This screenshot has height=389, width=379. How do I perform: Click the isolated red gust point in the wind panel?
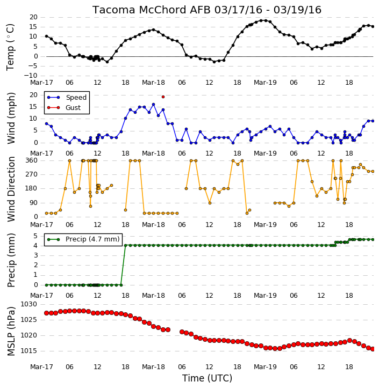click(163, 97)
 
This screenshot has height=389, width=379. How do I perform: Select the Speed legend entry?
click(67, 97)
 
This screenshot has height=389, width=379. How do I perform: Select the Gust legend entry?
click(64, 107)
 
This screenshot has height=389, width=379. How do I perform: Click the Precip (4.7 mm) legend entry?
click(83, 239)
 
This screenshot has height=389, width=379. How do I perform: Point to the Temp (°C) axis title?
click(10, 47)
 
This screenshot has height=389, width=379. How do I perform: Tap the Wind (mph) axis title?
click(11, 118)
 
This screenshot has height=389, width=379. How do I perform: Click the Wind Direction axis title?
click(11, 189)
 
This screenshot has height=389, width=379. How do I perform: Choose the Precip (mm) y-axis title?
click(11, 260)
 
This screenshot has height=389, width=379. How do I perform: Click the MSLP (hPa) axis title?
click(11, 331)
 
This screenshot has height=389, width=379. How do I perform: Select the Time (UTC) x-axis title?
click(207, 378)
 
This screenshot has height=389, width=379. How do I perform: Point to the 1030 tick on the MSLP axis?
click(28, 304)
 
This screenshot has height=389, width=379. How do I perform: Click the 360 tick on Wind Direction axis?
click(32, 160)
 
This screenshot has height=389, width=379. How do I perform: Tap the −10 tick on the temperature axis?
click(31, 76)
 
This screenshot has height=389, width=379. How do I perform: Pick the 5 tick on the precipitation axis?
click(35, 236)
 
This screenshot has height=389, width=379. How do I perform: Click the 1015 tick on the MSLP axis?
click(28, 351)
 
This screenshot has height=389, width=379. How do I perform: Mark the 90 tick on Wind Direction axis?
click(33, 203)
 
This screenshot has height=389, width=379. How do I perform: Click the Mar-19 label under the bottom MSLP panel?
click(265, 367)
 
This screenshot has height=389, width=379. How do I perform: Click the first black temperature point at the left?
click(46, 36)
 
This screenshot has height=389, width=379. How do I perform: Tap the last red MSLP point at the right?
click(373, 349)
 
